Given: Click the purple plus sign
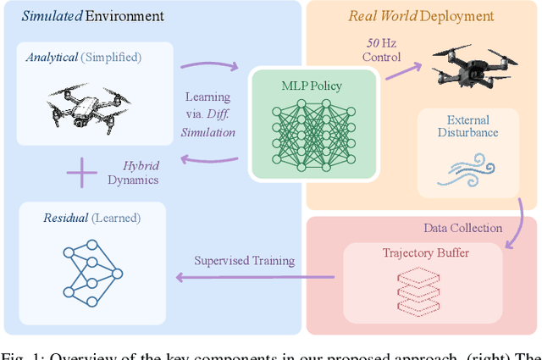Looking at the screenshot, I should click(82, 174).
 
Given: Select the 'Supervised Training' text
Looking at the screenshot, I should click(244, 260).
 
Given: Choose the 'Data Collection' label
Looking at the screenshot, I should click(462, 228).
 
